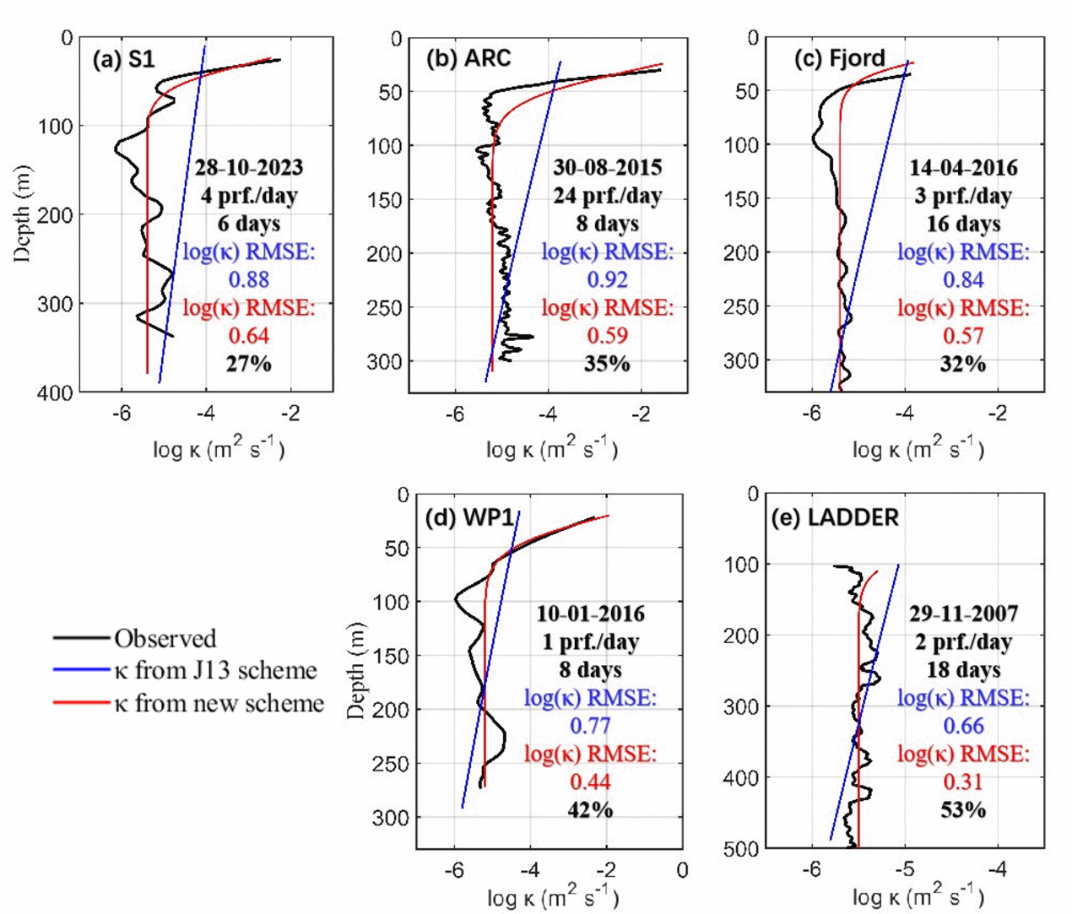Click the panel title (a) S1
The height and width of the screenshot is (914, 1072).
click(x=124, y=60)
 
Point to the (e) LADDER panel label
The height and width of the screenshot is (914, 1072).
click(x=835, y=516)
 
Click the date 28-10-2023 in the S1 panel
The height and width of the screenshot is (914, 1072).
click(x=248, y=167)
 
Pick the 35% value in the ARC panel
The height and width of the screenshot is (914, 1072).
click(x=607, y=364)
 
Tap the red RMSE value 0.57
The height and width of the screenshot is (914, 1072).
click(x=963, y=336)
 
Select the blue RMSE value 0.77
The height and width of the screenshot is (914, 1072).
click(x=590, y=726)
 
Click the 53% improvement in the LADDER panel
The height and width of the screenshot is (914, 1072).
click(x=963, y=810)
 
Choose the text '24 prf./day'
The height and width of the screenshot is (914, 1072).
click(x=607, y=196)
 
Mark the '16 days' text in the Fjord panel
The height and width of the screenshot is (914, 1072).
click(x=963, y=224)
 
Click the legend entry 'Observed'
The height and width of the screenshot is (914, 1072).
click(x=165, y=638)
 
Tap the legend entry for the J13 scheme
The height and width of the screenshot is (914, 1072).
click(x=215, y=671)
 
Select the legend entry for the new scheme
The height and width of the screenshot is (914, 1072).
click(x=219, y=704)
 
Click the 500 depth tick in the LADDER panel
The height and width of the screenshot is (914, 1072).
click(x=742, y=849)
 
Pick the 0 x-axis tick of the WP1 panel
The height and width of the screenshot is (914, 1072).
click(x=682, y=870)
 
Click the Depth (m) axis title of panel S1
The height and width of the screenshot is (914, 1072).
click(x=23, y=214)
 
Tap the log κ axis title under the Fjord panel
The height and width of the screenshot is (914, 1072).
click(x=918, y=447)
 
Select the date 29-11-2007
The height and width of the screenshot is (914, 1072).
click(x=963, y=614)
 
